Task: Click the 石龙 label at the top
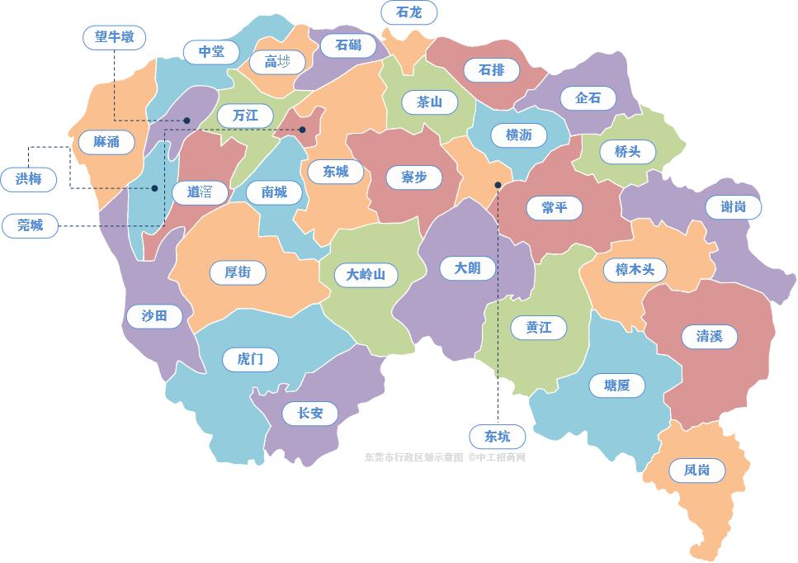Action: coord(408,12)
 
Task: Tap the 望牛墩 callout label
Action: coord(115,37)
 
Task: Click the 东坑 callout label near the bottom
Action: coord(498,436)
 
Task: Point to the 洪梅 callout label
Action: coord(29,178)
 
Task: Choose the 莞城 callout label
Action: coord(31,225)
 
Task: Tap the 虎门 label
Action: coord(250,359)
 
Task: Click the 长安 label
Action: coord(309,413)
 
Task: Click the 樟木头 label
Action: coord(634,270)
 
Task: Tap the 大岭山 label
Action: coord(366,274)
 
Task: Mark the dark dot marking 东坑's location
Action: coord(498,186)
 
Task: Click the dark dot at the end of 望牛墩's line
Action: coord(187,121)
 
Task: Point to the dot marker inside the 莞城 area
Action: coord(302,130)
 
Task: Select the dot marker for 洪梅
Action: coord(154,188)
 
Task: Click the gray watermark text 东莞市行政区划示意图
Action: coord(414,457)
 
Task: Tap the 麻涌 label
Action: coord(106,142)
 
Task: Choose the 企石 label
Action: coord(588,97)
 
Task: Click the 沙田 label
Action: coord(154,315)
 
